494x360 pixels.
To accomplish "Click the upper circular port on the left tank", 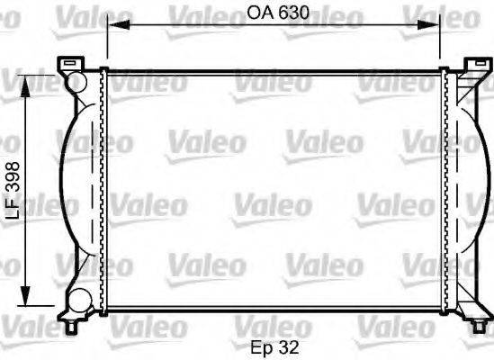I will [76, 83].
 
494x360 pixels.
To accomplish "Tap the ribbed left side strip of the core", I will [103, 190].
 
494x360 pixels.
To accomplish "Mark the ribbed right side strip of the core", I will [447, 190].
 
